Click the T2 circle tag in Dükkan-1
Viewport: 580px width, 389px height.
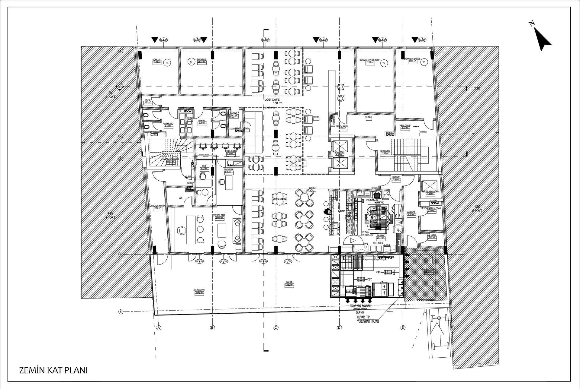pos(166,63)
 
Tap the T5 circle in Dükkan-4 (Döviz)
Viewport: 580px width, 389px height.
pos(424,62)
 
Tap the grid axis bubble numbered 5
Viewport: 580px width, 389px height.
pos(121,312)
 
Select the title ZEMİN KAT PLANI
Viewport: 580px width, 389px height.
pos(53,370)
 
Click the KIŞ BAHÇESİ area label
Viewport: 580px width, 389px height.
pos(199,291)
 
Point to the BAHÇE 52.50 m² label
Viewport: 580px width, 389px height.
pos(289,283)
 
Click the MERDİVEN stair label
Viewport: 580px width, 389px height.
pos(385,152)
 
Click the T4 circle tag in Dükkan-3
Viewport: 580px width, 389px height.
pos(384,63)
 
